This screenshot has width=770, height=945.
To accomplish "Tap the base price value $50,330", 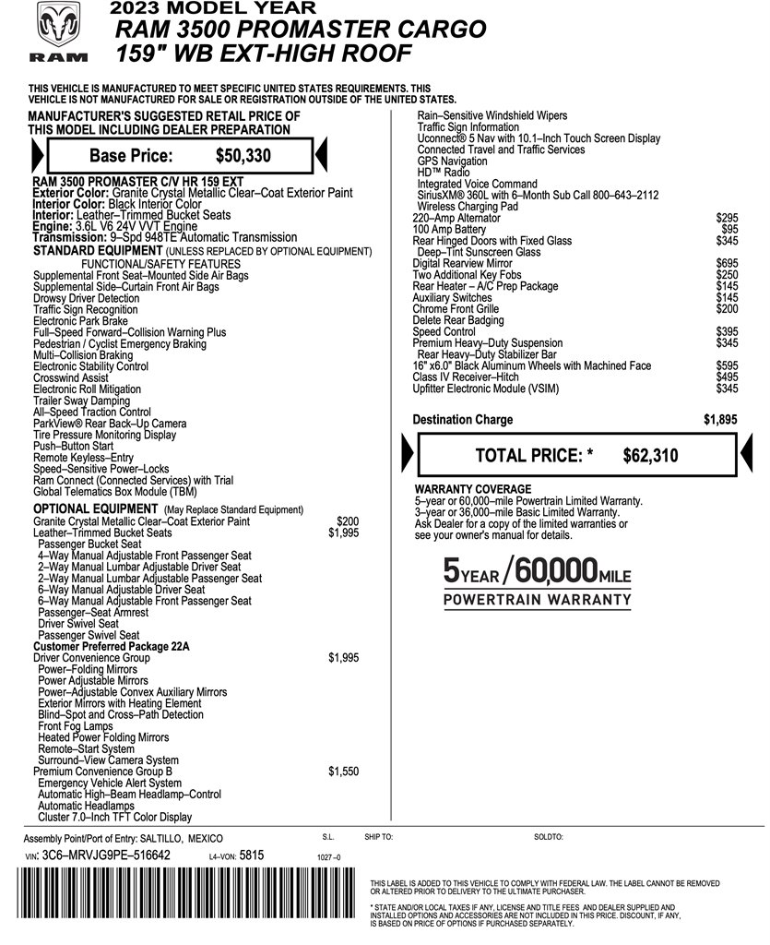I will coord(243,155).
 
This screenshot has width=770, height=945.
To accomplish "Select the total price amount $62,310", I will coord(650,454).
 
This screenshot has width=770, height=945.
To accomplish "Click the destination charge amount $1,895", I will coord(719,420).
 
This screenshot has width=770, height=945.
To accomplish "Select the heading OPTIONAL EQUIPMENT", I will coord(97,509).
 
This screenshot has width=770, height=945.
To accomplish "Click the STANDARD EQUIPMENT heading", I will coord(96,251).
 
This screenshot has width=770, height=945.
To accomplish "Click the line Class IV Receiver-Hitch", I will coord(466,377).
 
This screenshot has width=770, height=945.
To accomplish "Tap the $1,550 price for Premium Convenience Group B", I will coord(343,772).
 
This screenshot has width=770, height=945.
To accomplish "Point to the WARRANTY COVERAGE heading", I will coord(473,488).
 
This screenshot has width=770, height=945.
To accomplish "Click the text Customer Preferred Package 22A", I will coord(111,647).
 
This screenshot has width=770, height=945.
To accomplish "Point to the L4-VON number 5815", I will coord(251,855).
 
